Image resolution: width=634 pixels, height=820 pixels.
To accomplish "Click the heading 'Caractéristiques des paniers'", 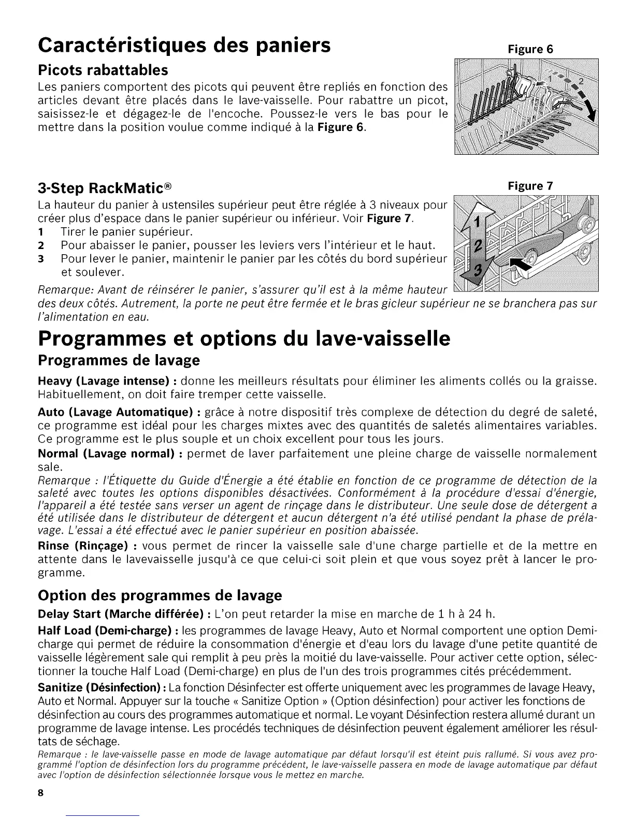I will pyautogui.click(x=184, y=46).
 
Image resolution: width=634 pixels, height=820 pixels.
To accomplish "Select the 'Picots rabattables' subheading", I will pyautogui.click(x=103, y=70).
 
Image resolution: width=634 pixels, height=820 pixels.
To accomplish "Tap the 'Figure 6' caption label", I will pyautogui.click(x=530, y=50).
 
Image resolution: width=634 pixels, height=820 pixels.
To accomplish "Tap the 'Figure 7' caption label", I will pyautogui.click(x=530, y=186).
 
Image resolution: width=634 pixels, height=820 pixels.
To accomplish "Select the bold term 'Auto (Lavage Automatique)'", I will pyautogui.click(x=116, y=413).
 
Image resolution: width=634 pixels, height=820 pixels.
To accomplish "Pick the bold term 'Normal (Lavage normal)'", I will pyautogui.click(x=106, y=454).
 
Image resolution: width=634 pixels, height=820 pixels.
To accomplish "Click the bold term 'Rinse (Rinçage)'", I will pyautogui.click(x=83, y=546).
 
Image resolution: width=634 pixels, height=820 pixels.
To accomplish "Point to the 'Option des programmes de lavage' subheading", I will pyautogui.click(x=160, y=595).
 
